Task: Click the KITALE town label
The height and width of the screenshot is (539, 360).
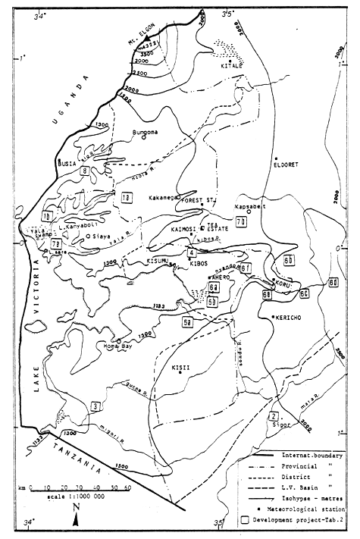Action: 230,66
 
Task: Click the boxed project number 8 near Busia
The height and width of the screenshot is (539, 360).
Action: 86,171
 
